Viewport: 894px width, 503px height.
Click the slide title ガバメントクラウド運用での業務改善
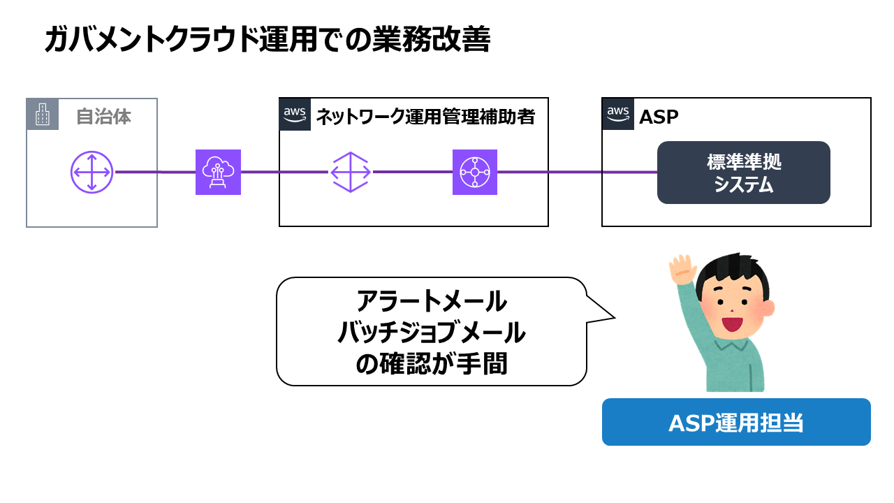267,41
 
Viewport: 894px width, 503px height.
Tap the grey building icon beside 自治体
43,115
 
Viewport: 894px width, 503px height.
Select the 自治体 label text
103,116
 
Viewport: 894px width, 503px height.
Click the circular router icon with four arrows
91,172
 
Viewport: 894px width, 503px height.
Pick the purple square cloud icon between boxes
218,172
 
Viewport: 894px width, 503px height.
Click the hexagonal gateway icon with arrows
350,172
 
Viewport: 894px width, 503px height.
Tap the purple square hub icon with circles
475,172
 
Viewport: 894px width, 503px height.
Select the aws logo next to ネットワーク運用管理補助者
295,115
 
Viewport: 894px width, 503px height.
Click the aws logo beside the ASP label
618,115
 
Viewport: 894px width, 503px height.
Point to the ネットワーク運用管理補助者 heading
425,117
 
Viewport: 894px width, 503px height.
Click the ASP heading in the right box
659,117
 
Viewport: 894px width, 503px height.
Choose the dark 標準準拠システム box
743,173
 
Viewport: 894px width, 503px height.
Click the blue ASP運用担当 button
736,422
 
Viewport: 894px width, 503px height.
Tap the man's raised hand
682,270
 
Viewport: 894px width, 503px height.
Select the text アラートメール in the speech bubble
431,302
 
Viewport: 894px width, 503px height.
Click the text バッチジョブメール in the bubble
431,333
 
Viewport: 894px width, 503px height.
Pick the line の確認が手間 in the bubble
431,365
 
